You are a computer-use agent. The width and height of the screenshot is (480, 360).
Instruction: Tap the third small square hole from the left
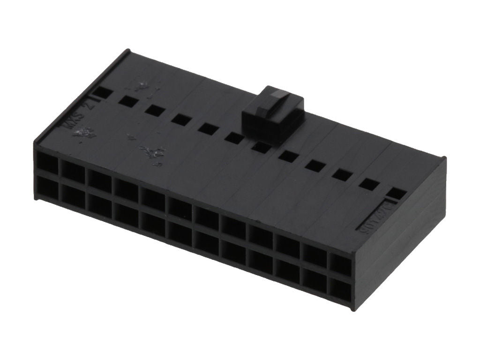[x=153, y=110]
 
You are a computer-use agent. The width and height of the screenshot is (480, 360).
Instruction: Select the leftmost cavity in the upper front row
[x=46, y=164]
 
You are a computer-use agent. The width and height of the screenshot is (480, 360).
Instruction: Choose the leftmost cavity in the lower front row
[x=46, y=191]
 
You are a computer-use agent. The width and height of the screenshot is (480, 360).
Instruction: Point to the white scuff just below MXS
[x=84, y=134]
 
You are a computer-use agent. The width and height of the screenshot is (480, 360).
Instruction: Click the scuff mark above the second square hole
[x=140, y=86]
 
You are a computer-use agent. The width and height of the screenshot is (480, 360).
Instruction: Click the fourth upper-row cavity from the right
[x=261, y=237]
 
